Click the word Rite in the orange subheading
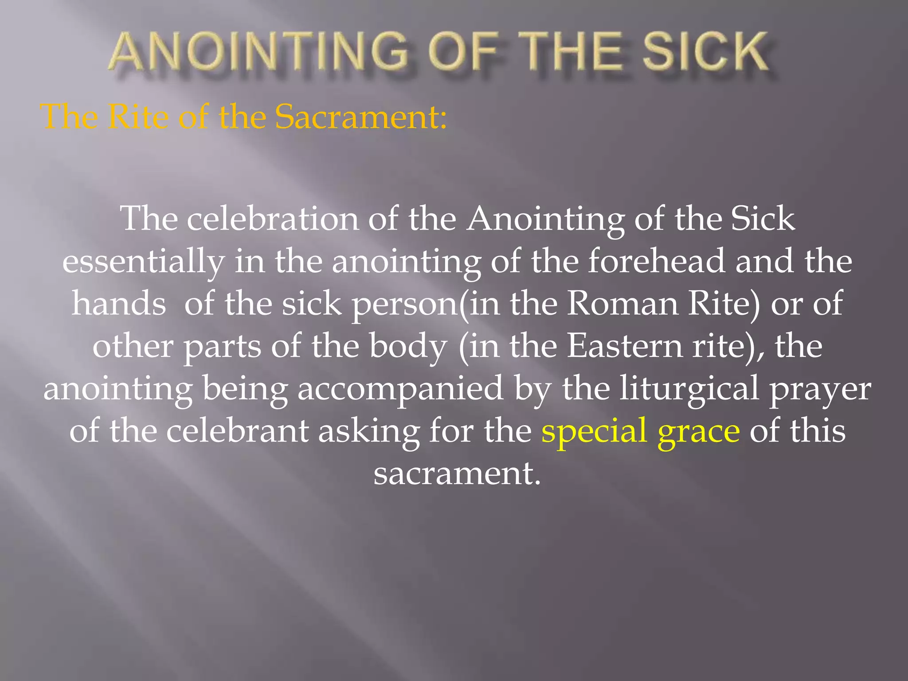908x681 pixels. [138, 117]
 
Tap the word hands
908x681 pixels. [119, 304]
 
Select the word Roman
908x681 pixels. [622, 304]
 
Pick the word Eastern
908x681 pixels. [625, 346]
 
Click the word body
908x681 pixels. [408, 346]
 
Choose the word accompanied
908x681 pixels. [400, 389]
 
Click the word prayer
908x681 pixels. [820, 389]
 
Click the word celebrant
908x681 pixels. [237, 431]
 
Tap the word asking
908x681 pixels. [369, 431]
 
